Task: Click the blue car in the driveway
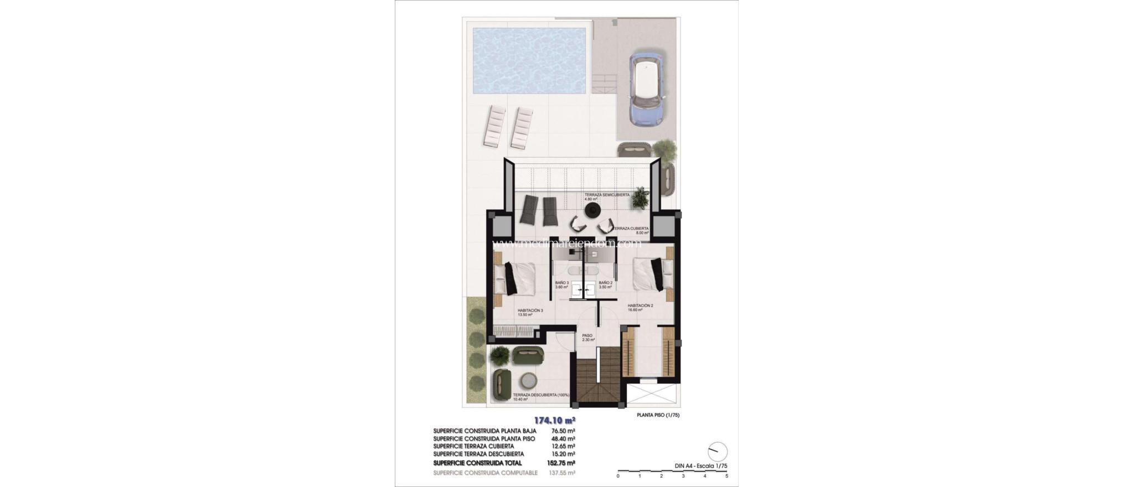click(648, 89)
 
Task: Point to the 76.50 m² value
click(563, 431)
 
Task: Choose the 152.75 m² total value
click(563, 463)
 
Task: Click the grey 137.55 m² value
click(563, 473)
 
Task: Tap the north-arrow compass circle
click(717, 452)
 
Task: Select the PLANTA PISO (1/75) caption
click(658, 415)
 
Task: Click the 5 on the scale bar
click(726, 476)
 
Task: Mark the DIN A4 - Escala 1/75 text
click(700, 466)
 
